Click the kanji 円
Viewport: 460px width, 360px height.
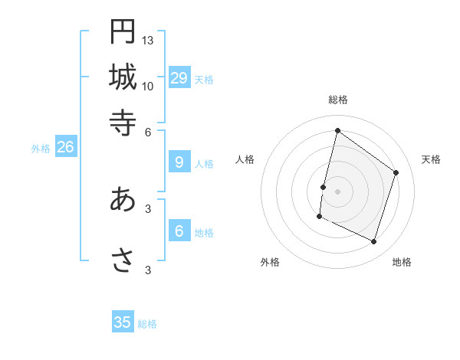[123, 31]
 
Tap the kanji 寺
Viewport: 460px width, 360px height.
[123, 122]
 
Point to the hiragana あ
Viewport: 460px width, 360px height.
[123, 199]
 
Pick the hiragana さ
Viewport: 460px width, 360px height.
[123, 260]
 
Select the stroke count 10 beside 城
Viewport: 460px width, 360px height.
[148, 87]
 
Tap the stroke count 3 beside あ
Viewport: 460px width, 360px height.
[148, 208]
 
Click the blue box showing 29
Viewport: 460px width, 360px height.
[179, 77]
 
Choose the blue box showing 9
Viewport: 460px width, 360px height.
[179, 162]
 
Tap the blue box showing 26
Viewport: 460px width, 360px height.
[65, 147]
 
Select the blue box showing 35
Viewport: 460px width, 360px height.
[123, 322]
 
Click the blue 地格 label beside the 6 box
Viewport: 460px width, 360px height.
[204, 233]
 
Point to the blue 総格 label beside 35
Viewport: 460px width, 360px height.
[147, 324]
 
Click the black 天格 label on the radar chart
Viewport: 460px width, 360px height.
[431, 159]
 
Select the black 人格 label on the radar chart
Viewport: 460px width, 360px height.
[245, 159]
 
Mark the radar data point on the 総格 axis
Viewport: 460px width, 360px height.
[337, 131]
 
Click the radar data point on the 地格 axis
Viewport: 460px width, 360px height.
[374, 242]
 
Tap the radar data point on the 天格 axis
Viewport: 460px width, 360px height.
[396, 172]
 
